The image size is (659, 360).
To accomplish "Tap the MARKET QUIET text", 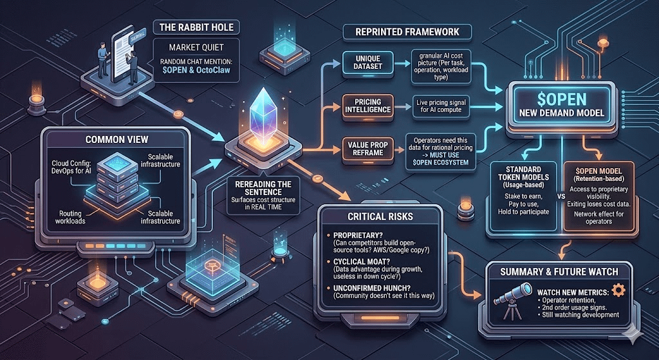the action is point(196,48).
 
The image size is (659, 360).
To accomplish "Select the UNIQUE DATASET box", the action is point(367,62).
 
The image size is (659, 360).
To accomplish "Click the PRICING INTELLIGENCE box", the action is point(367,106).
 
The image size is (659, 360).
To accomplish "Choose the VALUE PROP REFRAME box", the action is point(367,149).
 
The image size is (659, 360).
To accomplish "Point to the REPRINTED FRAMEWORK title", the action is point(407,32).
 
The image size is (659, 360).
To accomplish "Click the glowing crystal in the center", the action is point(263,115).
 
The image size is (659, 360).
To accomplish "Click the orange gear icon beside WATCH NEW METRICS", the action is point(618,290).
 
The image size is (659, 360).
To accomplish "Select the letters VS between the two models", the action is point(560,196).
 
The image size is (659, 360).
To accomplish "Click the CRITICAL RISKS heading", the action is point(380,216).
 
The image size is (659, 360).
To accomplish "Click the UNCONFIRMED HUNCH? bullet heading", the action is point(371,288).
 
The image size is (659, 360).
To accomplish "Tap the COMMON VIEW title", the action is point(117,139).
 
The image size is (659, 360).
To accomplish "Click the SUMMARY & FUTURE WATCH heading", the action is point(559,272).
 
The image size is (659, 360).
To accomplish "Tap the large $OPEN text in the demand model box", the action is point(561,99).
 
